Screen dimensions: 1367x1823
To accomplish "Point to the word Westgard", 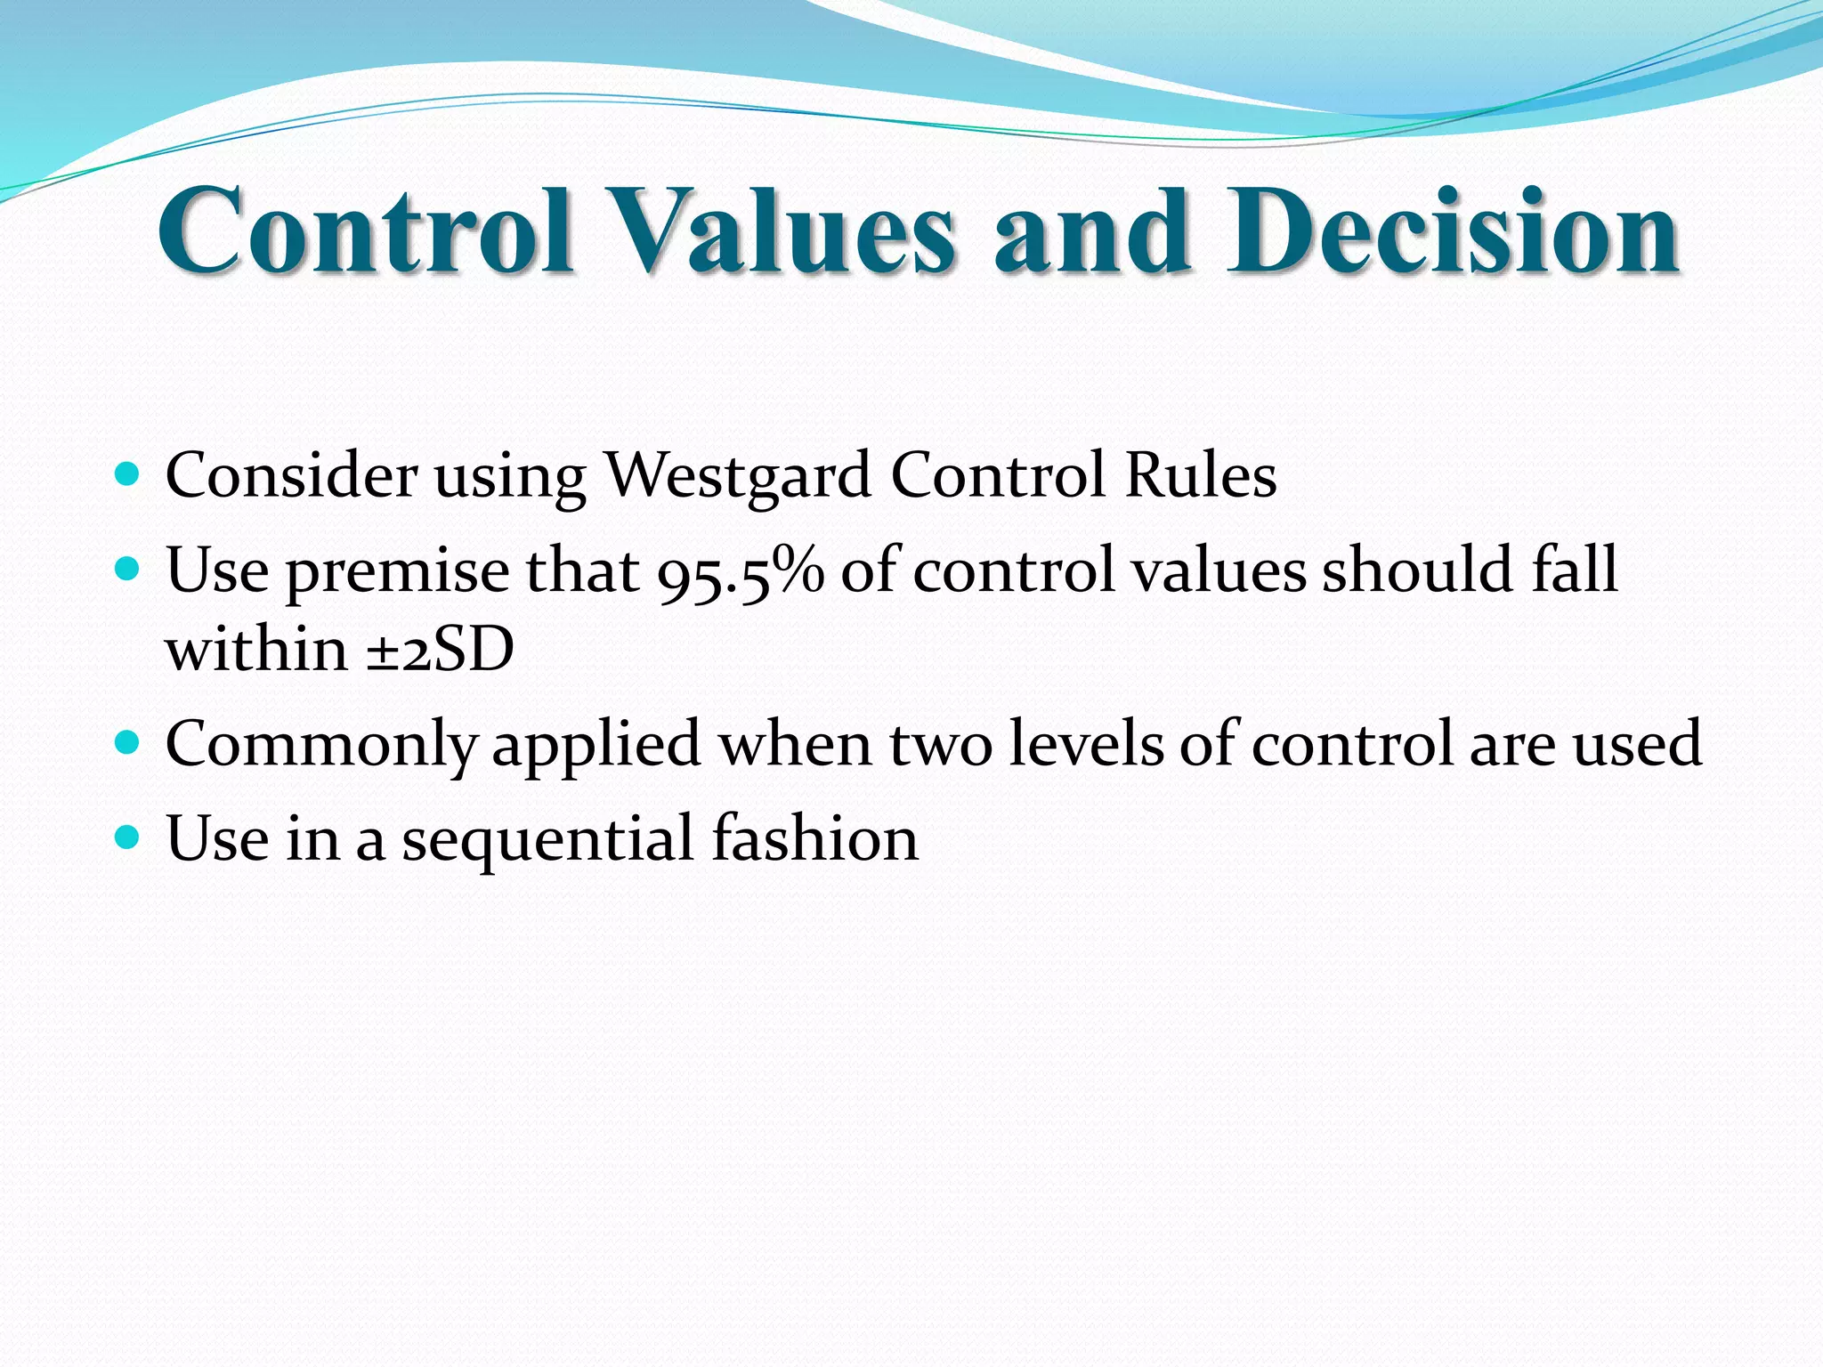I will coord(738,476).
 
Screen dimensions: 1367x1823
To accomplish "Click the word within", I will coord(256,649).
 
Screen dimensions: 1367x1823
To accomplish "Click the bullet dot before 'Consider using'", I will coord(128,473).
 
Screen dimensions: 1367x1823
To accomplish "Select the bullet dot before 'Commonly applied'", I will coord(128,741).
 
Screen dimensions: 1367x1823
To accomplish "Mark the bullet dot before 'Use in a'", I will coord(128,837).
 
